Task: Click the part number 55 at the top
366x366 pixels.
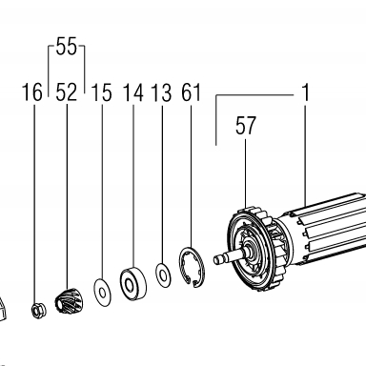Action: (67, 47)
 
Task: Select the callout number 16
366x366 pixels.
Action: (32, 92)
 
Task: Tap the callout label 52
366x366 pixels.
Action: (67, 92)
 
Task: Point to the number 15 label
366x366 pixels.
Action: (101, 92)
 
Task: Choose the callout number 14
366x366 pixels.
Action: (133, 92)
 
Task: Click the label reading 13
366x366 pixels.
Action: (161, 92)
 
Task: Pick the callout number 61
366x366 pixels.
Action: (191, 92)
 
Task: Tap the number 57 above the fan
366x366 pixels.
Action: (245, 126)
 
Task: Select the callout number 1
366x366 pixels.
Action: (305, 92)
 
